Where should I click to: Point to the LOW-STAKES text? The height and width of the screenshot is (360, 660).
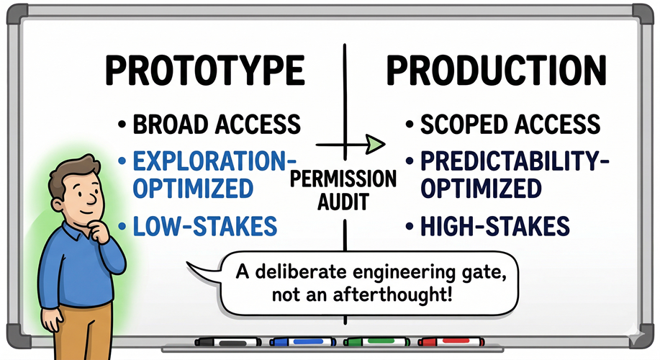(x=205, y=226)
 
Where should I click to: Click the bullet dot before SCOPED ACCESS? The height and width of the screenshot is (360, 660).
(x=410, y=125)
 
